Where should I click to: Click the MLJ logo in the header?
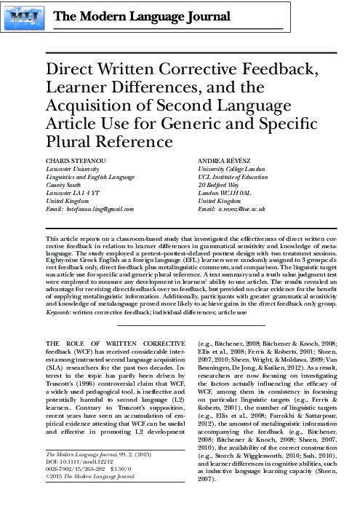[x=26, y=16]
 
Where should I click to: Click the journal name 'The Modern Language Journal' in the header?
[x=129, y=17]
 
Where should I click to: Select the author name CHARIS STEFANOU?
[x=73, y=159]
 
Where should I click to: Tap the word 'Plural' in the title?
[x=74, y=140]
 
